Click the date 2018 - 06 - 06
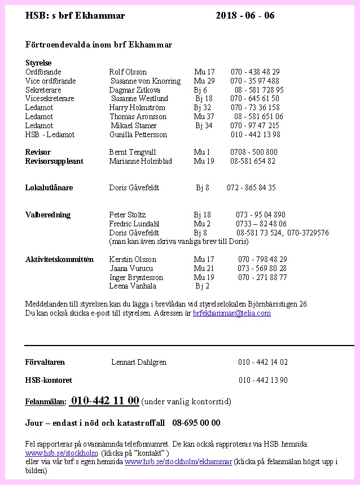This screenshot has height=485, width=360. tap(245, 16)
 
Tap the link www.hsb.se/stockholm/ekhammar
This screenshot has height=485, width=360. tap(178, 462)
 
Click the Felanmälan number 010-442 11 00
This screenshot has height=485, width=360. tap(104, 401)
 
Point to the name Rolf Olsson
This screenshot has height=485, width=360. tap(128, 72)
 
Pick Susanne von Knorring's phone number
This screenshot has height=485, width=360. tap(254, 81)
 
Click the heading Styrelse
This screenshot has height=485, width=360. tap(38, 63)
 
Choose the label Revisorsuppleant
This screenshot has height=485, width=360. tap(54, 161)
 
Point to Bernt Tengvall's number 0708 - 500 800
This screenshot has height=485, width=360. tap(253, 152)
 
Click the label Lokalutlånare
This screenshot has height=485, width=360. tap(49, 187)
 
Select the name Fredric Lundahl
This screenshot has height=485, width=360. tap(134, 224)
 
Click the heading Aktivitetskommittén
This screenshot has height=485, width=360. tap(59, 259)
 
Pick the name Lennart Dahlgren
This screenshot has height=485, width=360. tap(139, 362)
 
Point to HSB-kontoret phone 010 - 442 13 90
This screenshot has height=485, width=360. tap(263, 380)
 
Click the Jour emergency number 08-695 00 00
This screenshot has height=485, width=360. tap(196, 423)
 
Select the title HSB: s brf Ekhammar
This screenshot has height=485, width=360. tap(75, 16)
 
